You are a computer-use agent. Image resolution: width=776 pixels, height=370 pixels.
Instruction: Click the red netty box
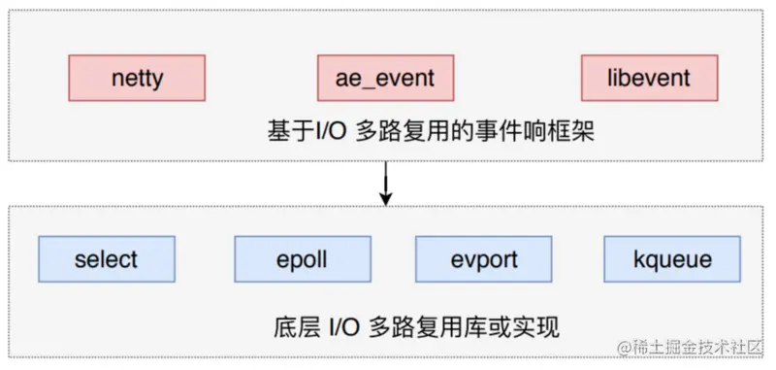click(x=137, y=79)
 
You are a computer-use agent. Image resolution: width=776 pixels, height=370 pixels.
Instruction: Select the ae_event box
click(x=385, y=79)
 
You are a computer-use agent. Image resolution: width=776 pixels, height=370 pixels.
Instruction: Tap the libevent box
click(x=649, y=79)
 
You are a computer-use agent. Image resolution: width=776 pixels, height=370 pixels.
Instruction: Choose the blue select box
click(x=107, y=259)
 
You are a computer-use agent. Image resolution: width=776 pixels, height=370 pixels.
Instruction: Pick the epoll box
click(x=303, y=259)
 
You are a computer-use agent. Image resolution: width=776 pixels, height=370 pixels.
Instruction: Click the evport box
click(x=483, y=259)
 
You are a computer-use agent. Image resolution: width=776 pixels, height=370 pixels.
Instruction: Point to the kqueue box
click(x=672, y=259)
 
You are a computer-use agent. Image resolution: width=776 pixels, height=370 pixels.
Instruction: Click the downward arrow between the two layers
click(x=385, y=184)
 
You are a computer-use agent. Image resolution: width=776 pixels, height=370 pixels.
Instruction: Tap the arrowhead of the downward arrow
click(x=385, y=199)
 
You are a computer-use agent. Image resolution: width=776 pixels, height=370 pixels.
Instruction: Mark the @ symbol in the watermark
click(x=624, y=348)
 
